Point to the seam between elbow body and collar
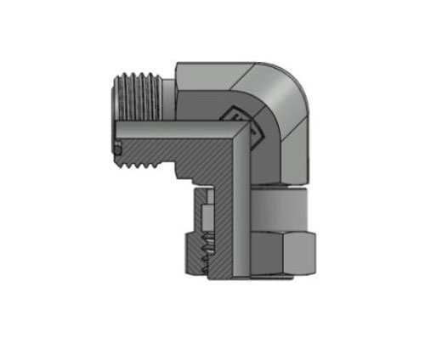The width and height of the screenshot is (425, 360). [x=276, y=188]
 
